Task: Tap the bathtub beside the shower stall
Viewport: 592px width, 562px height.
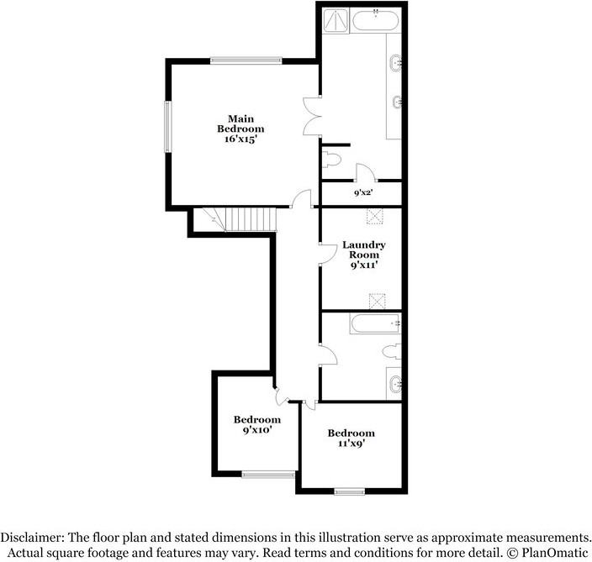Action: (375, 21)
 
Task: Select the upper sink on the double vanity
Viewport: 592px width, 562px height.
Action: (395, 63)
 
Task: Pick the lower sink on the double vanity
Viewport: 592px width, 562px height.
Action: (395, 103)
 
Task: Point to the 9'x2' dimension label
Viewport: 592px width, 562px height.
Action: (362, 193)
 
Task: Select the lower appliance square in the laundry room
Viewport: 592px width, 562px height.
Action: (377, 299)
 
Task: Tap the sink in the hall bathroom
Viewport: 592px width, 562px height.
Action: (395, 385)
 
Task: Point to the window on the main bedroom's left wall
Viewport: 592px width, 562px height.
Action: (167, 126)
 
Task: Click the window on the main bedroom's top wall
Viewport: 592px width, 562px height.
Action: (246, 60)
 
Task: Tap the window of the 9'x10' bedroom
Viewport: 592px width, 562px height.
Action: (268, 475)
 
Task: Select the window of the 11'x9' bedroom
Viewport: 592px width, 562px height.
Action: (347, 491)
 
